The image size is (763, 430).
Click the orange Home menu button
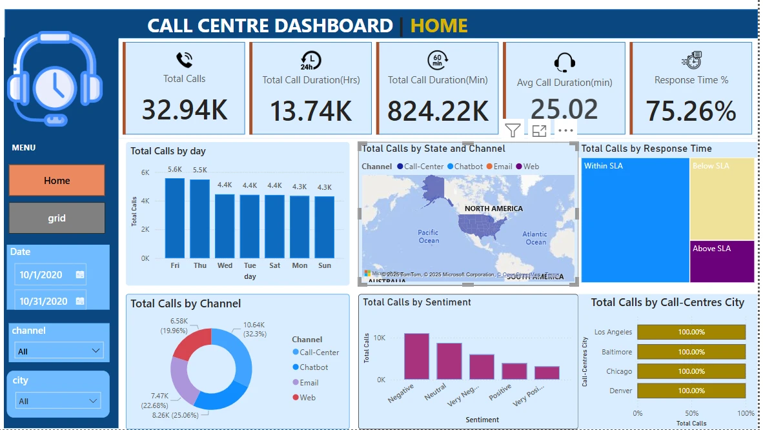point(57,181)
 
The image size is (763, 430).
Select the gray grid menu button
point(57,218)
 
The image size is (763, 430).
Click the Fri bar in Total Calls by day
point(175,218)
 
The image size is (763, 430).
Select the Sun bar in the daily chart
point(325,227)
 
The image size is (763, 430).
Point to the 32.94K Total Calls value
point(185,110)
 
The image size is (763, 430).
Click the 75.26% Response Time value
point(691,111)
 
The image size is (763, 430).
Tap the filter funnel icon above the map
point(513,131)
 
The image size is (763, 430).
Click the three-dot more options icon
point(565,131)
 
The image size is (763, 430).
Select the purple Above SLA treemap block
point(722,261)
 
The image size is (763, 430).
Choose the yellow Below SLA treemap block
point(722,199)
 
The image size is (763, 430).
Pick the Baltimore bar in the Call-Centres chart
point(691,352)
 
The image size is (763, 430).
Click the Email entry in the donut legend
point(309,383)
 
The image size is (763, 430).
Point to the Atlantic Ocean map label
point(535,238)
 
